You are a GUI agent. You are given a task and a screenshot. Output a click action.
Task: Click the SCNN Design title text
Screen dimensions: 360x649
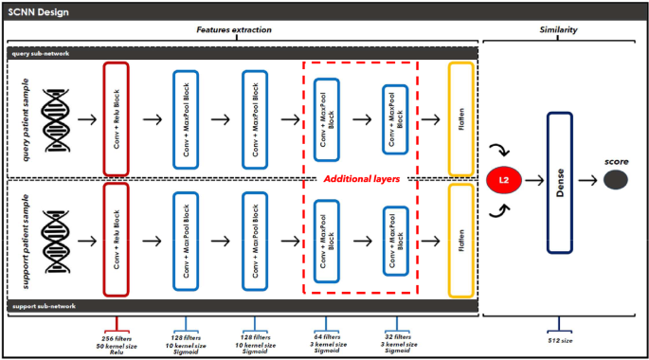point(39,12)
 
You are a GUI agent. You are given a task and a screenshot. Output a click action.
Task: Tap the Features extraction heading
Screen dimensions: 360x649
point(234,31)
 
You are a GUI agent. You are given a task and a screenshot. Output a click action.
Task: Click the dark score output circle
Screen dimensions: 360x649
point(616,180)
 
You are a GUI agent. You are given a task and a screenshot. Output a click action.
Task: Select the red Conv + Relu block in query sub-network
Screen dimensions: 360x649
point(115,120)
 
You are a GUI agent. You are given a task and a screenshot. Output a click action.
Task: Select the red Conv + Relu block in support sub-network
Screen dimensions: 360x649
point(115,242)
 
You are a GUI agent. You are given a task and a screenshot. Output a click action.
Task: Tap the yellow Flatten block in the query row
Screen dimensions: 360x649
point(460,120)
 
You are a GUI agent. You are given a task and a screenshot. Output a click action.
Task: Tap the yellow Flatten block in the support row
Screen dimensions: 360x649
point(460,242)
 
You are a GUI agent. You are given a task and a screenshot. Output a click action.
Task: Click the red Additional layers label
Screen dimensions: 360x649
point(358,178)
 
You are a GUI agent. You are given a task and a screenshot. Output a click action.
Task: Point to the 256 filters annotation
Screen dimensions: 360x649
point(116,336)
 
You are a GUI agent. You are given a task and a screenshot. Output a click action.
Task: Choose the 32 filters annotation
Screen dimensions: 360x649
point(395,336)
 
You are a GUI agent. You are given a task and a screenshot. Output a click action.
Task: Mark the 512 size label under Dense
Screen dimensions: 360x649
point(560,336)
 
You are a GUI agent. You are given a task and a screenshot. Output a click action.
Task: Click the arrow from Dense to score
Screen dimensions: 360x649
point(588,181)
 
